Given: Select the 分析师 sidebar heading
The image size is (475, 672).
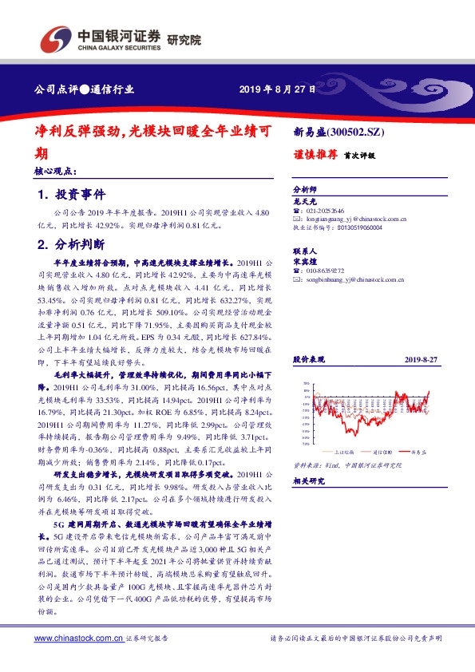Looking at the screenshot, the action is tap(305, 190).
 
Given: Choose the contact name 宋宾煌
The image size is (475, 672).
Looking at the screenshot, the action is tap(307, 260).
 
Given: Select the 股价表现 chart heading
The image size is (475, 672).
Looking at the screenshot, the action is tap(310, 360).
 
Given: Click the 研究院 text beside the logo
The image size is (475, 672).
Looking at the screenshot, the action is tap(184, 39).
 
